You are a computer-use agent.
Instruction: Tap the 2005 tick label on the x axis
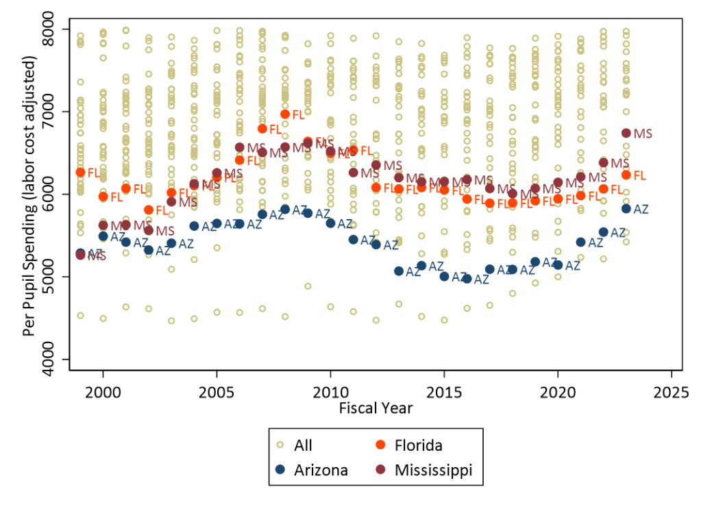(217, 390)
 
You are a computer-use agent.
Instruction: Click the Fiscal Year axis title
(376, 408)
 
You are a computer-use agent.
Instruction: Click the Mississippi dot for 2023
(626, 134)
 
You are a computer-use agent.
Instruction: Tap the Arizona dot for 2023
(626, 208)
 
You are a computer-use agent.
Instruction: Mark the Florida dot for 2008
(285, 114)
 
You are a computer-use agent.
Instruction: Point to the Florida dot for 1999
(80, 172)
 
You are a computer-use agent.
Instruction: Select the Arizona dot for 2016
(467, 279)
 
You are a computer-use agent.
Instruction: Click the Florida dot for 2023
(626, 175)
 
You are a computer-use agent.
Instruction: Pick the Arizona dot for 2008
(285, 209)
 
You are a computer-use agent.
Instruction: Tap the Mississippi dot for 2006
(240, 147)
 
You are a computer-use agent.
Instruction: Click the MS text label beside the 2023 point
(643, 134)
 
